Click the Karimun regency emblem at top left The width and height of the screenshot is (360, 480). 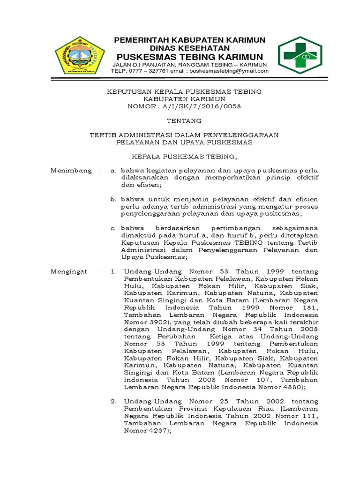[x=80, y=55]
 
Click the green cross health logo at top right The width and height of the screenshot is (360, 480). [x=300, y=55]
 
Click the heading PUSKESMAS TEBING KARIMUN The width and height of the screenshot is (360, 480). [x=190, y=56]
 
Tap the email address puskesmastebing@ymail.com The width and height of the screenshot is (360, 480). [x=231, y=71]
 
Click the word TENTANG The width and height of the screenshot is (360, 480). [x=184, y=120]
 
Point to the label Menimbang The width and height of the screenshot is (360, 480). [x=71, y=171]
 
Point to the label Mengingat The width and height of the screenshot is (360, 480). [x=70, y=271]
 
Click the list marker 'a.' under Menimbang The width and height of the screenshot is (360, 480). [x=113, y=171]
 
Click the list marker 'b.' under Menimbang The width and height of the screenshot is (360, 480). [x=113, y=199]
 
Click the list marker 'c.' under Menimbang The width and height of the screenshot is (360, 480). [x=113, y=228]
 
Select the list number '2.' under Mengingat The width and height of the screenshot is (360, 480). [x=113, y=402]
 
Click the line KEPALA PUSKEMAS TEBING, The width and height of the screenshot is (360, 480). [x=184, y=156]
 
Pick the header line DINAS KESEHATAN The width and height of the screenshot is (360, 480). [x=190, y=48]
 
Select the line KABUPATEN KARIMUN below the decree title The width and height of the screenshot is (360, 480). [x=184, y=99]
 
